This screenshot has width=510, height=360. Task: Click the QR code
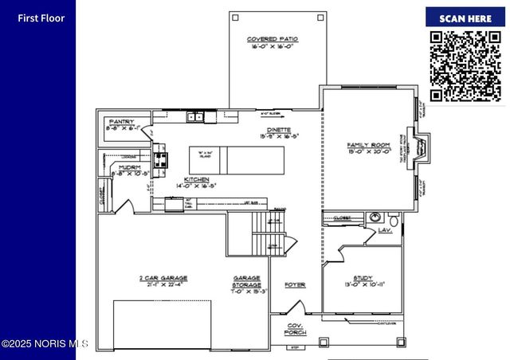click(465, 65)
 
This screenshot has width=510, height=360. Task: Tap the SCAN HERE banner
click(465, 18)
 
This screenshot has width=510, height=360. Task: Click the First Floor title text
click(41, 18)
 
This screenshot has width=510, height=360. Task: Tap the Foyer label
click(295, 284)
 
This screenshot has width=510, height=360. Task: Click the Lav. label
click(386, 230)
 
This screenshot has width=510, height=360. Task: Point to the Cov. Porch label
click(295, 330)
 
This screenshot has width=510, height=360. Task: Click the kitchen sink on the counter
click(196, 117)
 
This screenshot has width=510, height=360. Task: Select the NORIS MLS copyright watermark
click(45, 344)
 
